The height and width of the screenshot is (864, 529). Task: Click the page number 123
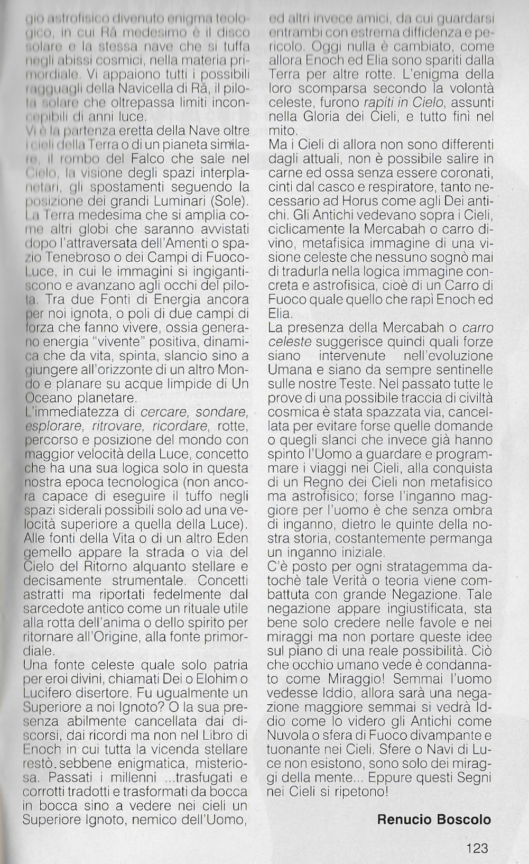click(x=477, y=848)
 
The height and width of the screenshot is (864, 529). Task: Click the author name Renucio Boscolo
click(x=434, y=820)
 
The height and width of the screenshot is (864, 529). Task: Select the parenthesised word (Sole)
click(x=229, y=201)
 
